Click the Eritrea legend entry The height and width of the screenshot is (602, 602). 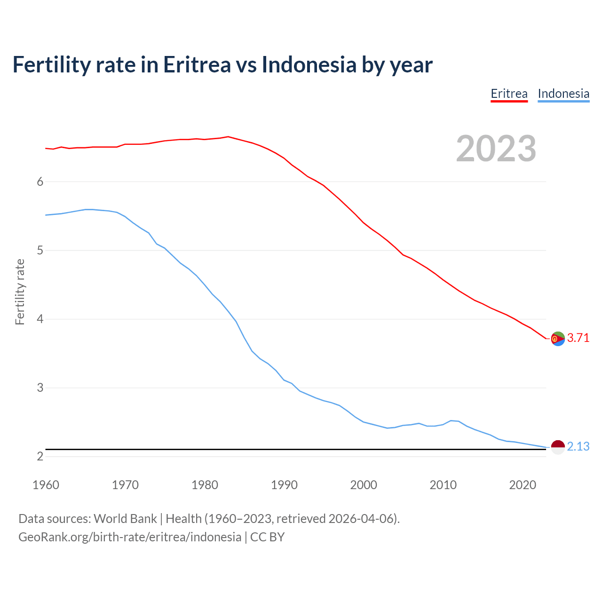509,94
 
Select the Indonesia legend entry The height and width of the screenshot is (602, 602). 563,94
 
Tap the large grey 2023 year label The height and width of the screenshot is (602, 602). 496,149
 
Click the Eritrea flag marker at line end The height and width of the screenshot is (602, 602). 558,339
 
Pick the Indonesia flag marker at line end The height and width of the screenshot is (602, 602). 558,447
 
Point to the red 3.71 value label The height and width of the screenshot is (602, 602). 578,338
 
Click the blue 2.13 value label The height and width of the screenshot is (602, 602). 578,447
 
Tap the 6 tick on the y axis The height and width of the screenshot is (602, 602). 40,182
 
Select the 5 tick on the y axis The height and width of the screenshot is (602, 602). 40,251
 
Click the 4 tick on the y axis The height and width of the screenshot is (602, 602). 40,319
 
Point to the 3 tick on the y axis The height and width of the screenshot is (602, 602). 40,388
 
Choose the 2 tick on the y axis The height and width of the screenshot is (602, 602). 40,457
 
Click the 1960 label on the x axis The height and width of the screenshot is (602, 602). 46,485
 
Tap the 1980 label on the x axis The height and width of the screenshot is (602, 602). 205,485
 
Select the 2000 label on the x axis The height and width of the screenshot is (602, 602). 364,485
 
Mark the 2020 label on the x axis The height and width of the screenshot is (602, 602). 523,485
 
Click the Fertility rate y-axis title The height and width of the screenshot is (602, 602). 20,292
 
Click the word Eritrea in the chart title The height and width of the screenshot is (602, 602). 197,64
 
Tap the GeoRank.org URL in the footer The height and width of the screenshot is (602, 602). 129,537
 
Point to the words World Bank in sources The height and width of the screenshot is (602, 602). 125,519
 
